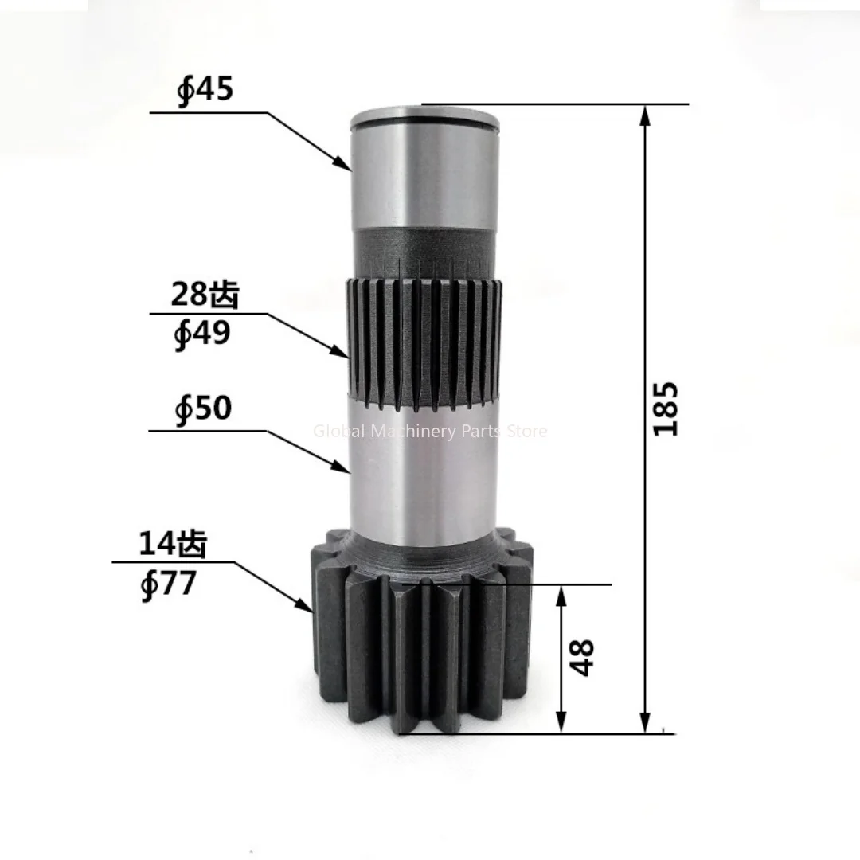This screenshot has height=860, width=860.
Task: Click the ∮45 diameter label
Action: (205, 89)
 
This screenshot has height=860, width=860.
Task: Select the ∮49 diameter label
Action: (202, 334)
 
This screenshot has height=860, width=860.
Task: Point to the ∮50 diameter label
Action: (203, 409)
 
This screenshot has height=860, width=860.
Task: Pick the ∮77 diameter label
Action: (168, 584)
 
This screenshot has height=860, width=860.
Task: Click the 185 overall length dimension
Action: (666, 408)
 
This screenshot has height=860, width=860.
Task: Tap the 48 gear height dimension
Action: (584, 658)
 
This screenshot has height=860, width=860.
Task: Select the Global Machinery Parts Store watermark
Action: (430, 432)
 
